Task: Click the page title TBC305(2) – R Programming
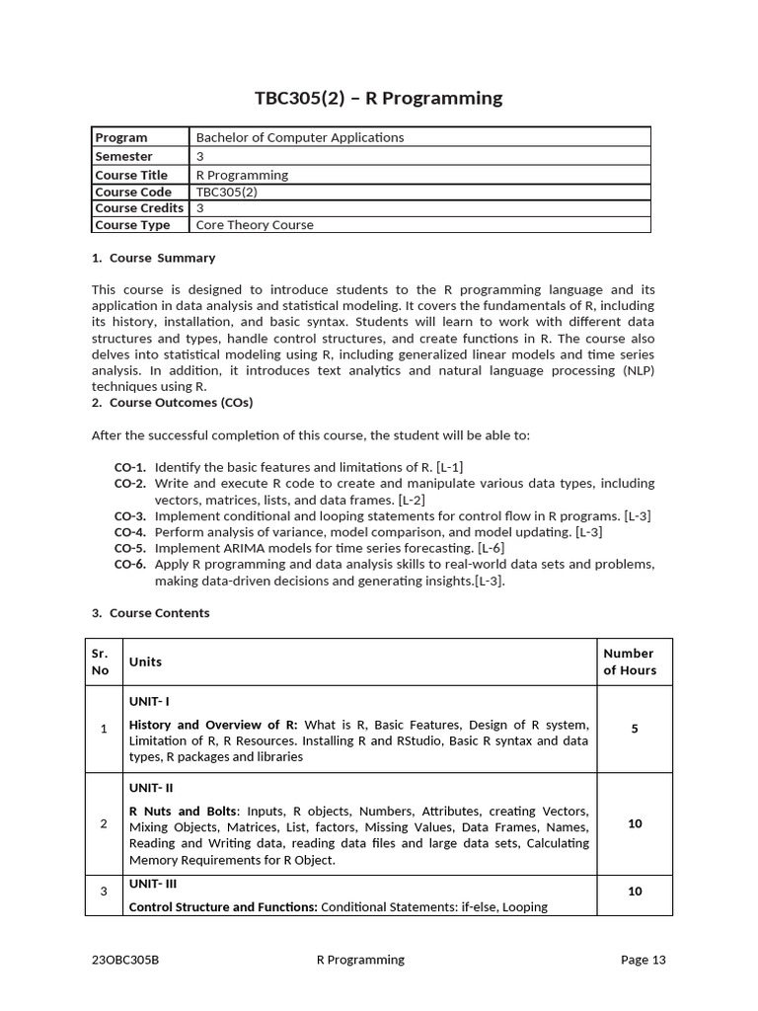point(378,98)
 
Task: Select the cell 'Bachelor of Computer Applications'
point(300,137)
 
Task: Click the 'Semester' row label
point(123,156)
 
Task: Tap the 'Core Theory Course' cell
point(255,225)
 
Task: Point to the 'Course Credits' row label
point(139,208)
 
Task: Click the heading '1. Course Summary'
point(153,258)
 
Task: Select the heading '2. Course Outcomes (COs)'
point(172,403)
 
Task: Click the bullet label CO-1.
point(130,467)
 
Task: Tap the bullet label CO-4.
point(130,532)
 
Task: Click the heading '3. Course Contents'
point(150,613)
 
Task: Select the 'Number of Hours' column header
point(629,661)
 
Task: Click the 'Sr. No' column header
point(101,661)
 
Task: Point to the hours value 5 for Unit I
point(635,729)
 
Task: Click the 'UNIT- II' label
point(151,788)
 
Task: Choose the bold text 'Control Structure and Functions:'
point(223,906)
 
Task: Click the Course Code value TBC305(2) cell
point(226,193)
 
